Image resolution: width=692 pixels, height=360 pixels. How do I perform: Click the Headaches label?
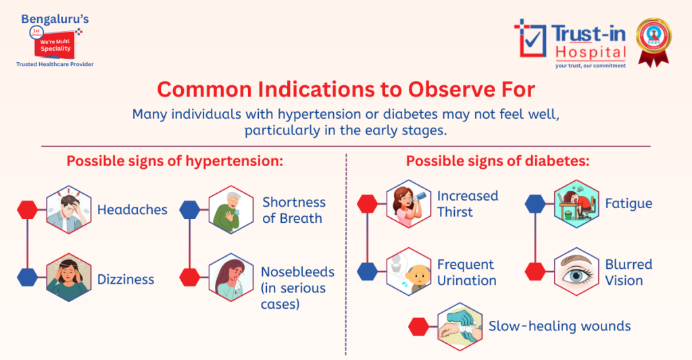tap(132, 209)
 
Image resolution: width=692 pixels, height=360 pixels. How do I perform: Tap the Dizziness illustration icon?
tap(68, 278)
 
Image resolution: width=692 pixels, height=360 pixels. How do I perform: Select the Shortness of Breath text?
tap(293, 210)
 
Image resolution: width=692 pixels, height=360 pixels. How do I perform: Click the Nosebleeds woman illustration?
tap(230, 278)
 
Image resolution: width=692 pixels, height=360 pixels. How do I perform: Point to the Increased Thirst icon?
tap(409, 204)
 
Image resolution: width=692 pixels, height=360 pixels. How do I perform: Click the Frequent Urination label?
tap(466, 272)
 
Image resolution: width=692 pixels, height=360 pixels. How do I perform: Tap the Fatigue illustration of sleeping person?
tap(576, 203)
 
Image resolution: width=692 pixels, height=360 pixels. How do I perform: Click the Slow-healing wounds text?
tap(560, 326)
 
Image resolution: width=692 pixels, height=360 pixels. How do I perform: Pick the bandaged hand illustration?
tap(460, 326)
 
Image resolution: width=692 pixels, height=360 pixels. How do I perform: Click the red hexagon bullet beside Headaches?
tap(28, 209)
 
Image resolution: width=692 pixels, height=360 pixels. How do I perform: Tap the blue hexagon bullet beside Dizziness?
tap(28, 277)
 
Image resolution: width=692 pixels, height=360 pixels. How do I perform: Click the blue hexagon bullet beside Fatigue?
tap(535, 203)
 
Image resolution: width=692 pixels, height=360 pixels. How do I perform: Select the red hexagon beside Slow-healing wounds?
tap(419, 327)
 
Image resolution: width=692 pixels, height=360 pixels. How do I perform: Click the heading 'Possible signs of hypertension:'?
tap(174, 162)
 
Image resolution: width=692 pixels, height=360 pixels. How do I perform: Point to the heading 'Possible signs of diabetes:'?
tap(497, 162)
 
